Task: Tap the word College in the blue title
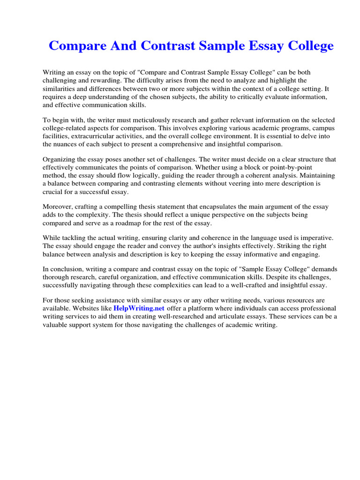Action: (x=307, y=46)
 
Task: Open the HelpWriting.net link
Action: (x=139, y=308)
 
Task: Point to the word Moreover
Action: (x=58, y=207)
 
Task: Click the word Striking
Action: (x=289, y=246)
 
